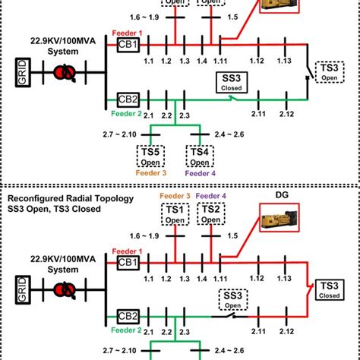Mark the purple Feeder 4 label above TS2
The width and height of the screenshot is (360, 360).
[210, 197]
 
